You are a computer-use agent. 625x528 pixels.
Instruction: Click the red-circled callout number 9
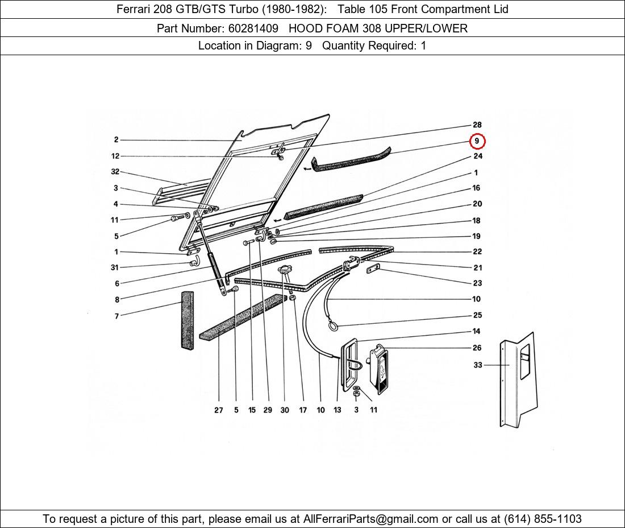click(x=477, y=141)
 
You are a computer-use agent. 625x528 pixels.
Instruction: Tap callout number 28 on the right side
click(x=477, y=125)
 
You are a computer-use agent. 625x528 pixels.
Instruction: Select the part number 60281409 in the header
click(x=253, y=28)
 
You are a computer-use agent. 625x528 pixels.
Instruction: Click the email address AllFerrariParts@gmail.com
click(x=370, y=519)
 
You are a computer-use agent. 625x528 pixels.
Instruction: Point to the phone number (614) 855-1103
click(x=543, y=519)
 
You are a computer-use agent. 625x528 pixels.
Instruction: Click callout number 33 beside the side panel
click(x=478, y=365)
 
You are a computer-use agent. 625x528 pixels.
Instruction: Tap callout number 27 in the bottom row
click(x=218, y=410)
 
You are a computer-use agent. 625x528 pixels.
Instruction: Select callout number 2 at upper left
click(x=116, y=140)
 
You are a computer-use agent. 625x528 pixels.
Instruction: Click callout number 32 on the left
click(x=115, y=172)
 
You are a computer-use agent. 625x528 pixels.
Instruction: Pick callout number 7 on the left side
click(x=117, y=316)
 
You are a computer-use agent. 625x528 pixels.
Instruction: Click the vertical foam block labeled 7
click(x=188, y=321)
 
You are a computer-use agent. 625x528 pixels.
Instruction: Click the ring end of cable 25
click(x=333, y=327)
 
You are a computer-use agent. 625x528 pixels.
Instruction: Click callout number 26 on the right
click(x=477, y=348)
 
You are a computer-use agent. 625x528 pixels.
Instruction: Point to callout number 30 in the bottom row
click(x=285, y=410)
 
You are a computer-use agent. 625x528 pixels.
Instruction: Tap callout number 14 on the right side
click(x=476, y=331)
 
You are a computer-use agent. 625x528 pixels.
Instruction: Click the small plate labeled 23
click(x=373, y=268)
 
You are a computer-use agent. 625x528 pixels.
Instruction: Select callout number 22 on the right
click(x=477, y=252)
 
